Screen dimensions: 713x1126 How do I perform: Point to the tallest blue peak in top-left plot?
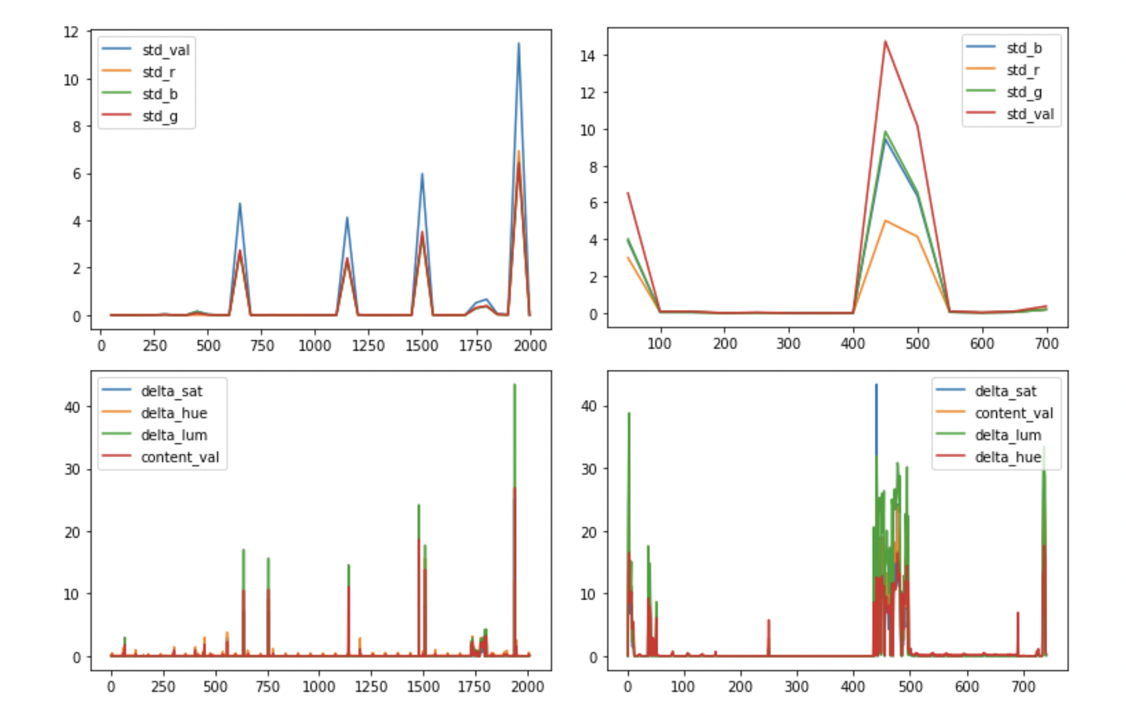(518, 43)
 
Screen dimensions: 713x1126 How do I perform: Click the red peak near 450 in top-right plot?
(885, 41)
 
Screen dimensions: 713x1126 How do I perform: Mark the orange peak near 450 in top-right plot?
(885, 221)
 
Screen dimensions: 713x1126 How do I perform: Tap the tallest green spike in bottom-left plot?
(514, 384)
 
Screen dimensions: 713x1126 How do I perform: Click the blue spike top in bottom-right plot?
(876, 385)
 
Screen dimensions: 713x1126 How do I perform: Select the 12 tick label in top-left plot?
(71, 32)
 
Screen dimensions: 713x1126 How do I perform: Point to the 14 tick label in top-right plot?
(587, 56)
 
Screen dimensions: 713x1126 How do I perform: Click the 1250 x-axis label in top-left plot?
(368, 346)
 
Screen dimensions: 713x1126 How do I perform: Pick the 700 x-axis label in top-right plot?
(1046, 344)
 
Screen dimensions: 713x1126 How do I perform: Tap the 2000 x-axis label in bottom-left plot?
(527, 686)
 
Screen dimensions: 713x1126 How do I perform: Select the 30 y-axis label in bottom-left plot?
(72, 469)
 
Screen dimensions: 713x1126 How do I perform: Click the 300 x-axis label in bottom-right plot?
(796, 686)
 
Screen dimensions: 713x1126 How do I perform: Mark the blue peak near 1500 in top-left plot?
(422, 174)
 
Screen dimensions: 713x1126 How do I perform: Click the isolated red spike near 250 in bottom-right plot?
(769, 620)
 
